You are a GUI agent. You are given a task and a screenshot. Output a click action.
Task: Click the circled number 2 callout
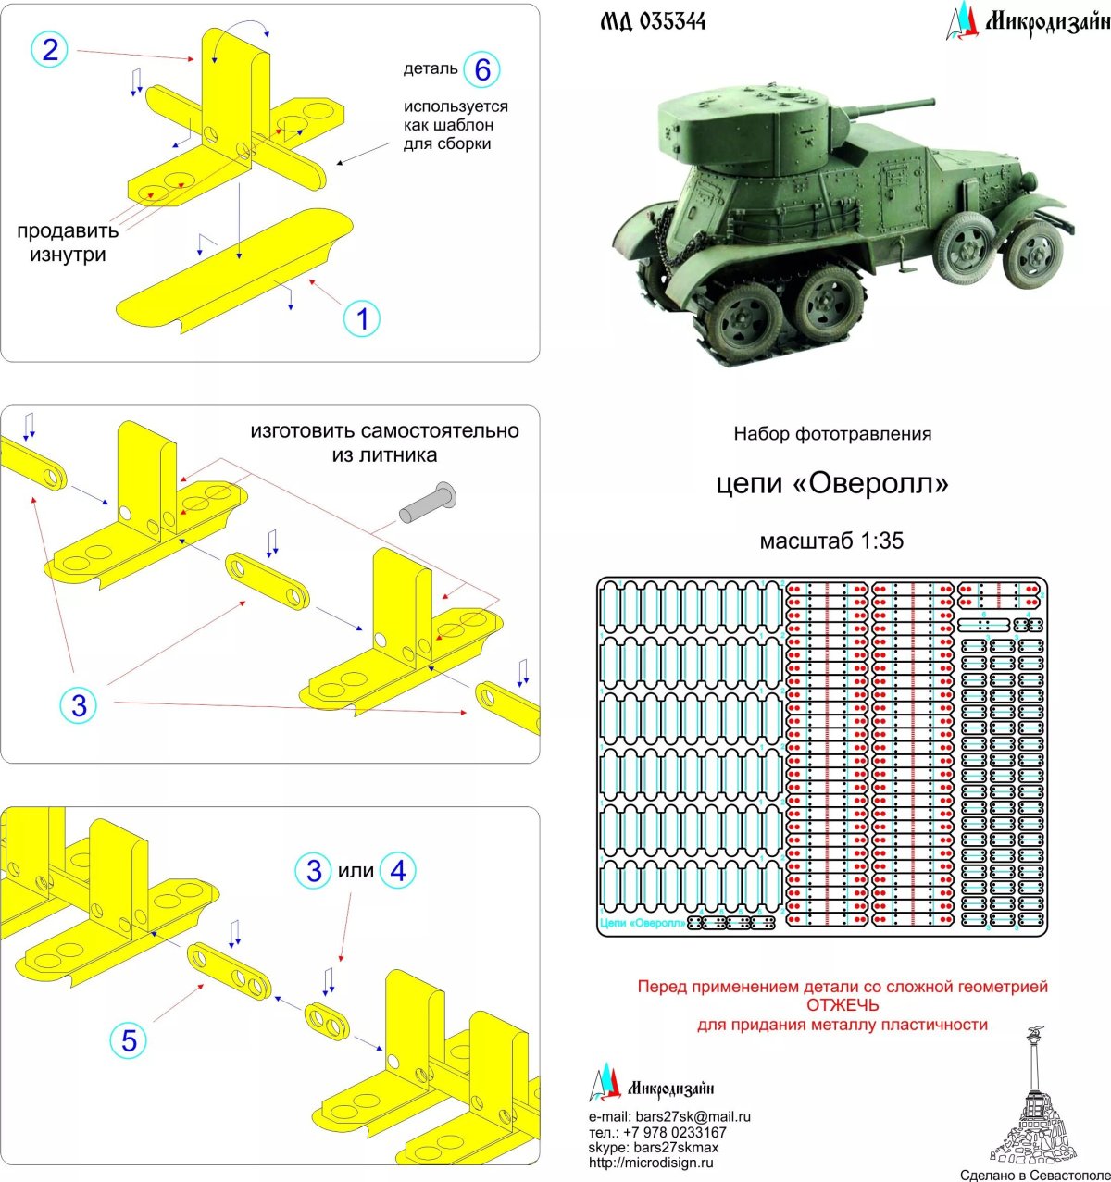[50, 49]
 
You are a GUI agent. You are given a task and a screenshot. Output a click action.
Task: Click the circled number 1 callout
[362, 318]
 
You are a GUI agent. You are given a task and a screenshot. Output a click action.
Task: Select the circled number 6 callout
[481, 69]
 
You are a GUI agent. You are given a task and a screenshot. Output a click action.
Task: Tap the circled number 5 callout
[129, 1040]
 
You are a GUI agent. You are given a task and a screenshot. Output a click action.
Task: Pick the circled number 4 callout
[398, 870]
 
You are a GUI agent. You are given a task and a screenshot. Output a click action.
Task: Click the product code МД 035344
[653, 21]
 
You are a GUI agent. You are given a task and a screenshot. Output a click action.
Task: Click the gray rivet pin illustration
[427, 503]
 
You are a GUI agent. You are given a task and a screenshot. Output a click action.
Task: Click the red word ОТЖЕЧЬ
[843, 1005]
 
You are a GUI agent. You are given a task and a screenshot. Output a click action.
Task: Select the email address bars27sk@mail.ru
[693, 1116]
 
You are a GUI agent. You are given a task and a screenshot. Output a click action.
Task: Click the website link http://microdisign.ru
[651, 1163]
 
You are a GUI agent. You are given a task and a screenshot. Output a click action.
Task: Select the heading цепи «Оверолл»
[831, 483]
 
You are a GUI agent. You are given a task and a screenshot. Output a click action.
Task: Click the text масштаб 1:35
[831, 541]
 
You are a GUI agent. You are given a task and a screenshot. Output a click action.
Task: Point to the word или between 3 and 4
[356, 871]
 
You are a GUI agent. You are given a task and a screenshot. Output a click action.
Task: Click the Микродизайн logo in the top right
[1028, 21]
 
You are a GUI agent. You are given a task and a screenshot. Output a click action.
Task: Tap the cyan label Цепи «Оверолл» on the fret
[643, 923]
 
